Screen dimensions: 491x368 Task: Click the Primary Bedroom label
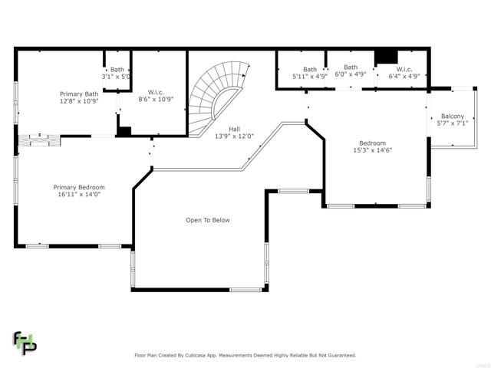79,187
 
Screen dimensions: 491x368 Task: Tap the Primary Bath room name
79,94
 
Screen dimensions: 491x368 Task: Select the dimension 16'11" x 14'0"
79,194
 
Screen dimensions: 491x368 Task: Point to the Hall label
234,129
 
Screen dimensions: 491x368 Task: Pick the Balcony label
453,116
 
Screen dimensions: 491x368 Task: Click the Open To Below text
208,220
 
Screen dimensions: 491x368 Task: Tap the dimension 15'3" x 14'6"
373,150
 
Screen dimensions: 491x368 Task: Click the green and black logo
25,343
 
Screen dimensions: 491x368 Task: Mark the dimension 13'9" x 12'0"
234,136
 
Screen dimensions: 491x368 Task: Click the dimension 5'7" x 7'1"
453,123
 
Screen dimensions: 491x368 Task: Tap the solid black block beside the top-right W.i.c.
386,57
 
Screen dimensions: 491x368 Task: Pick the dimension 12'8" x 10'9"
79,101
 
